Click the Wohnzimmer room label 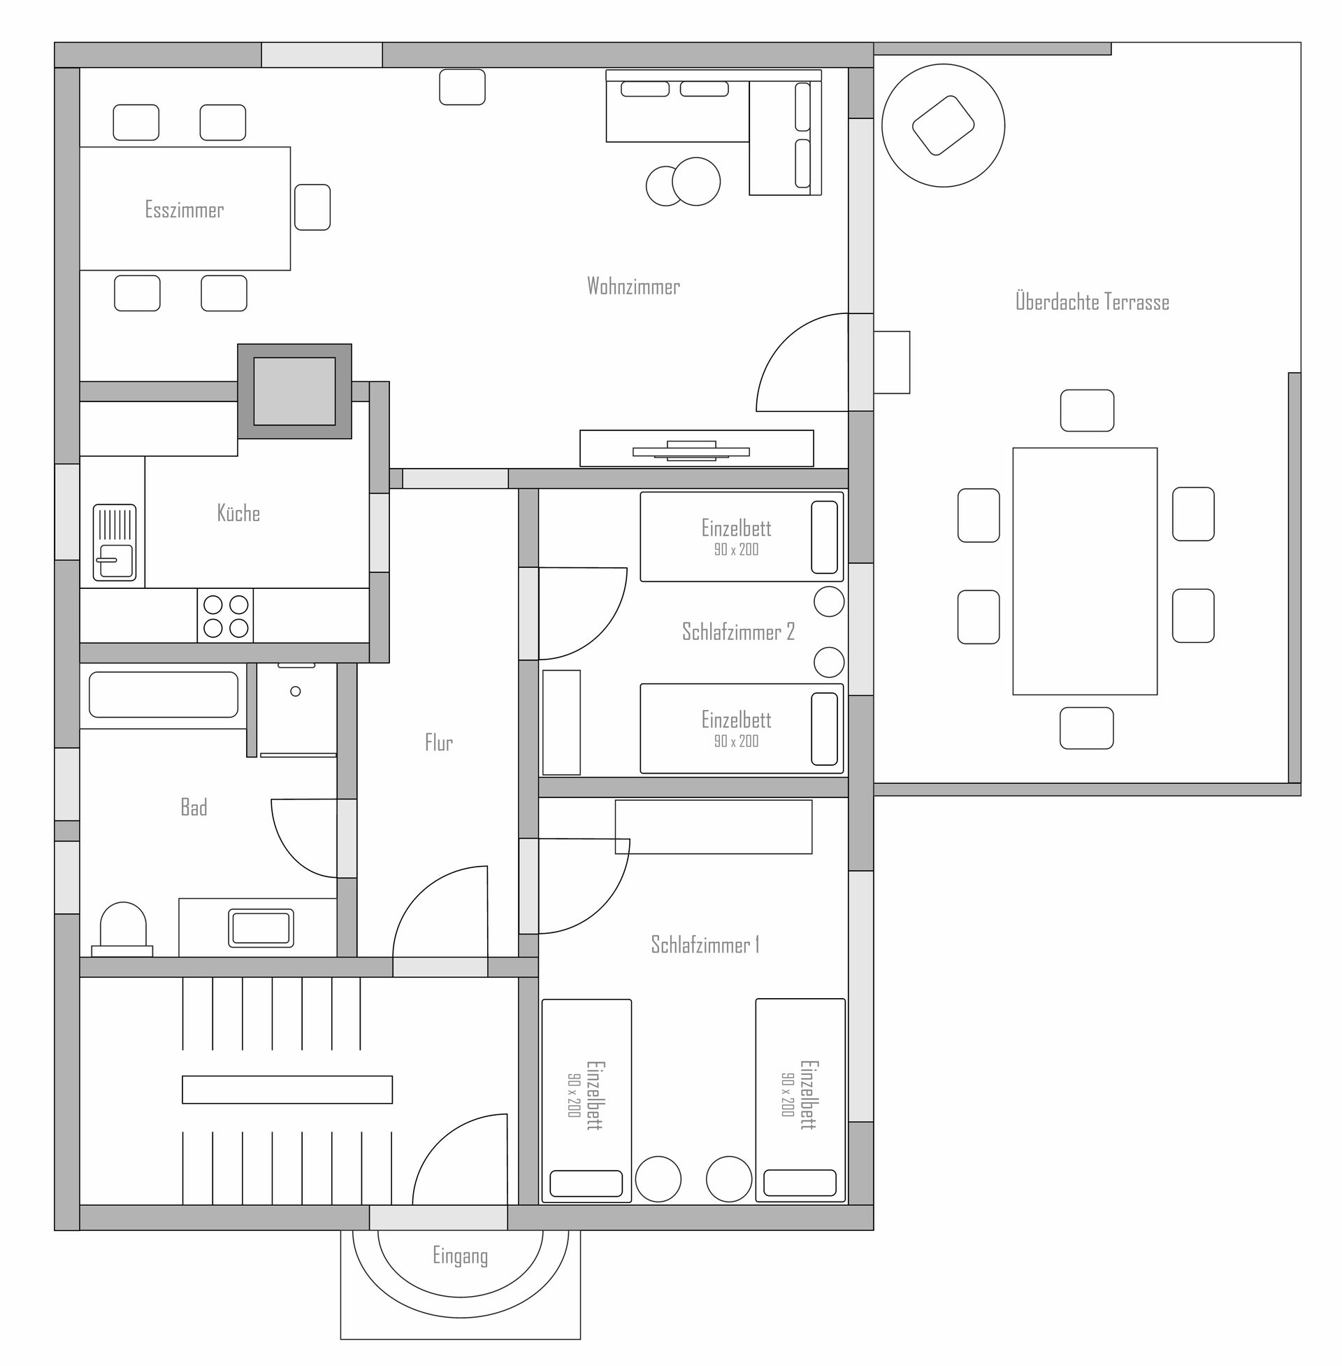pyautogui.click(x=633, y=285)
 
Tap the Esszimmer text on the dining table pyautogui.click(x=184, y=209)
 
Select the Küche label pyautogui.click(x=238, y=513)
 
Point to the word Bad pyautogui.click(x=194, y=806)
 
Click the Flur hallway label pyautogui.click(x=438, y=742)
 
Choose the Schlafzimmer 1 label pyautogui.click(x=705, y=944)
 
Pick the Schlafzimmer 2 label pyautogui.click(x=738, y=631)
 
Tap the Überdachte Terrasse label pyautogui.click(x=1092, y=301)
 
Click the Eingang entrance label pyautogui.click(x=460, y=1256)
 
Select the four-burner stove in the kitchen pyautogui.click(x=225, y=616)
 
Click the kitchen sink pyautogui.click(x=114, y=542)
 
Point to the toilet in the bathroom pyautogui.click(x=122, y=930)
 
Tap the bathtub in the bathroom pyautogui.click(x=164, y=695)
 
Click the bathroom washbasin pyautogui.click(x=261, y=928)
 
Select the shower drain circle pyautogui.click(x=296, y=691)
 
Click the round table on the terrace pyautogui.click(x=943, y=125)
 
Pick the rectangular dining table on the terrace pyautogui.click(x=1085, y=571)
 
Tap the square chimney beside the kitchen pyautogui.click(x=295, y=392)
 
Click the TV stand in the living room pyautogui.click(x=696, y=448)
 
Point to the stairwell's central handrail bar pyautogui.click(x=287, y=1090)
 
